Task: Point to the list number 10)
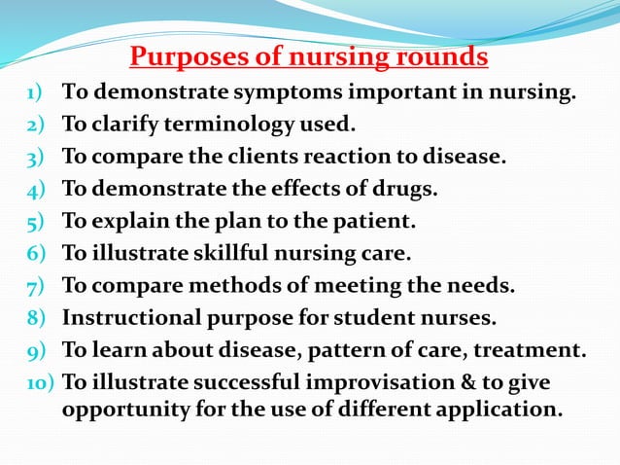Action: [39, 382]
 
